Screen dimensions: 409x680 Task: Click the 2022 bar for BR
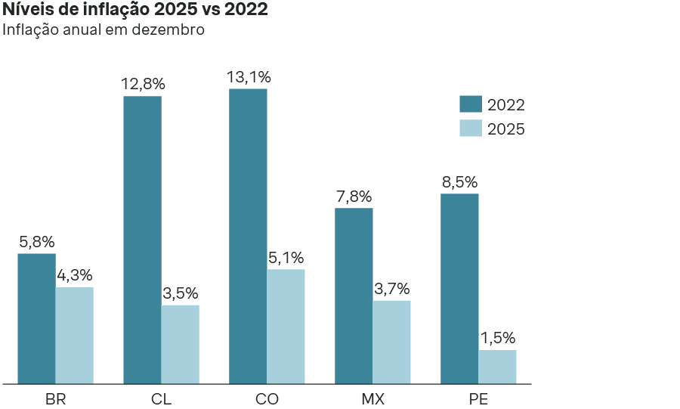click(x=36, y=318)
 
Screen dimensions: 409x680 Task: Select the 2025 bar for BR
click(x=74, y=335)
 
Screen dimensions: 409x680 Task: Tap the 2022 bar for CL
click(x=142, y=240)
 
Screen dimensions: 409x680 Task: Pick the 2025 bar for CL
click(x=180, y=344)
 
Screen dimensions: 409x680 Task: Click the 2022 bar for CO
click(x=248, y=236)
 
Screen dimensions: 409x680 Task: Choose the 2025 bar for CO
click(x=286, y=326)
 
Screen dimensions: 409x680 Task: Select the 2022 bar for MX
click(x=354, y=296)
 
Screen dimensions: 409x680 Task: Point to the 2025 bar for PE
click(x=497, y=367)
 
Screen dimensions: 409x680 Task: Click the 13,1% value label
click(x=249, y=77)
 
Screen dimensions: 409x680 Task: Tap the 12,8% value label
click(x=143, y=84)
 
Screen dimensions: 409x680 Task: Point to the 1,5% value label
click(x=497, y=338)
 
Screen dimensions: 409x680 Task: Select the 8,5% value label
click(x=459, y=182)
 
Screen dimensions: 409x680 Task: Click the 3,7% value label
click(x=391, y=289)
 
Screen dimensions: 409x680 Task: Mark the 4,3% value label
click(x=74, y=275)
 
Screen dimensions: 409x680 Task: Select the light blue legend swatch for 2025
click(x=471, y=129)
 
